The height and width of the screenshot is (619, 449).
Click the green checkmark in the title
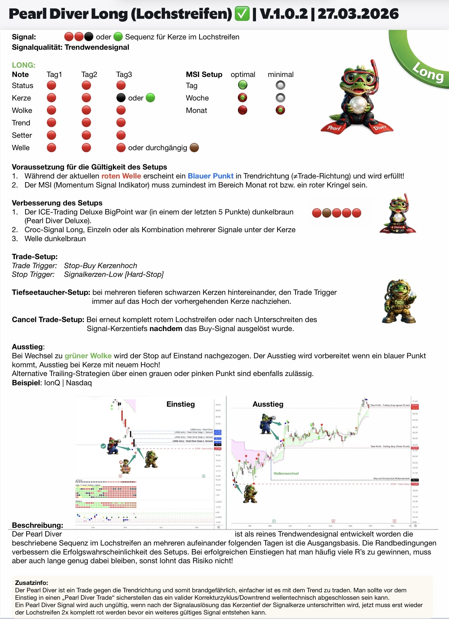(x=242, y=14)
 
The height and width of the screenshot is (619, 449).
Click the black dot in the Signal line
(x=88, y=36)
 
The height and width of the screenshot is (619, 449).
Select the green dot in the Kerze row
(x=150, y=98)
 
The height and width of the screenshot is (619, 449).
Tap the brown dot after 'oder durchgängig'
(x=194, y=148)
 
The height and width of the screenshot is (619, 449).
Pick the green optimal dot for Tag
(x=242, y=85)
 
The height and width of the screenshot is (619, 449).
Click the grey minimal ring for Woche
(x=280, y=98)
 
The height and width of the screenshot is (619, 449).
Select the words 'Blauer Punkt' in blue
(x=210, y=176)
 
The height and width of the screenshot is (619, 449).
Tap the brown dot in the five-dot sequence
(x=327, y=213)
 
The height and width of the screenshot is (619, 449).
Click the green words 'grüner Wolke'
(x=88, y=356)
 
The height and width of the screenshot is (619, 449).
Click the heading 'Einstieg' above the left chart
(x=180, y=404)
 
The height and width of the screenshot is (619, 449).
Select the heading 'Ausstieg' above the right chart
(x=268, y=404)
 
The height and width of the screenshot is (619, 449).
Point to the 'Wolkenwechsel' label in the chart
(x=286, y=474)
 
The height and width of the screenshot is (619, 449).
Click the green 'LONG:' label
(x=24, y=65)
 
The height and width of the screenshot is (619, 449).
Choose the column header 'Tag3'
(x=124, y=75)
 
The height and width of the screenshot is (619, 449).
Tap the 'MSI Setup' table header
(x=204, y=75)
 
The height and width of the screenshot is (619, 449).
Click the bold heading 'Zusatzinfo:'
(x=31, y=583)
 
